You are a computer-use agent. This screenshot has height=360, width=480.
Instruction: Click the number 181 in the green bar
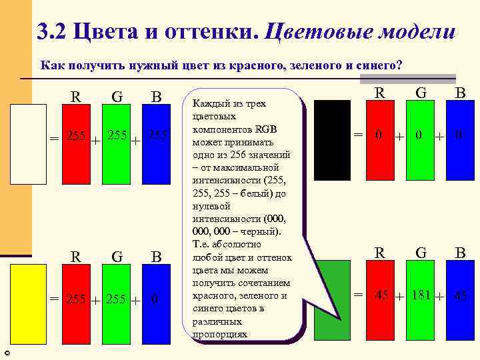[x=420, y=294]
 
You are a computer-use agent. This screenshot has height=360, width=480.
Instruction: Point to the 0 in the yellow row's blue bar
[x=155, y=299]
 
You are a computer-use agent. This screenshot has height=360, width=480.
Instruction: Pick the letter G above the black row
[x=421, y=93]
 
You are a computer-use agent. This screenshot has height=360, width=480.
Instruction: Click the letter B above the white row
[x=157, y=97]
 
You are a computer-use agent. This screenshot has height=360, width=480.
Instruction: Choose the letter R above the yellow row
[x=77, y=257]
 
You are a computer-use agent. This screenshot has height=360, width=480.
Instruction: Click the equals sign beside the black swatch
[x=359, y=135]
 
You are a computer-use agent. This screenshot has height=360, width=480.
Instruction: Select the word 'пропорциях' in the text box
[x=220, y=333]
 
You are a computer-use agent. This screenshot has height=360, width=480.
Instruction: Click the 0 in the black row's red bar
[x=379, y=135]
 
